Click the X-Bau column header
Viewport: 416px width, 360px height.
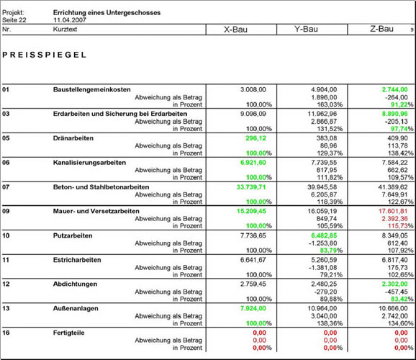pos(235,30)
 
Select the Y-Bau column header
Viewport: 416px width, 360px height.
pos(306,29)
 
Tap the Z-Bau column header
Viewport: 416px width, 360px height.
pos(381,29)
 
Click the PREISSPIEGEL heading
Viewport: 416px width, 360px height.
pos(45,55)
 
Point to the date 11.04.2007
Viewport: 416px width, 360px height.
pos(70,20)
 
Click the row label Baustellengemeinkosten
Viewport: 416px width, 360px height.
pos(92,89)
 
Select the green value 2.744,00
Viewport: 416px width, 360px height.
pos(395,89)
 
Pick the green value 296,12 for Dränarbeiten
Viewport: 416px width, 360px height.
pos(256,138)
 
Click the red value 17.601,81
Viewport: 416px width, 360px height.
pos(393,211)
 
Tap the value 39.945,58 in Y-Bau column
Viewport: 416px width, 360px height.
pos(322,187)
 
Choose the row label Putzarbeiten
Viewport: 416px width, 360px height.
pos(73,235)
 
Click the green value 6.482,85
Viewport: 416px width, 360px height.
pos(324,235)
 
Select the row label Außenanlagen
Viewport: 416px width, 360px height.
pos(76,308)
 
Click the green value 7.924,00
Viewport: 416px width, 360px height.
pos(253,308)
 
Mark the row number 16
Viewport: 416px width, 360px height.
pos(6,333)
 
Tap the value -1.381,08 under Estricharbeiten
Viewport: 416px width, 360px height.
pos(322,267)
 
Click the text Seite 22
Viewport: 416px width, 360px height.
pos(14,20)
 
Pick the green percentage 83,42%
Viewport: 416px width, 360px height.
pos(402,299)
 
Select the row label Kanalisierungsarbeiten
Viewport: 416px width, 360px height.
pos(89,163)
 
